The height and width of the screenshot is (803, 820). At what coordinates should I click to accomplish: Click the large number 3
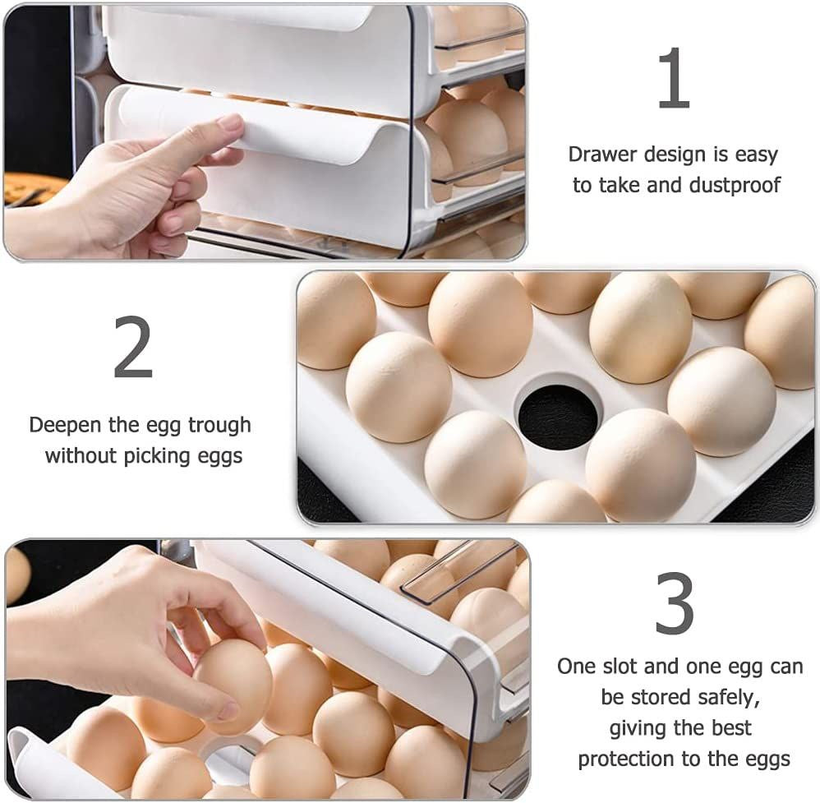[x=674, y=604]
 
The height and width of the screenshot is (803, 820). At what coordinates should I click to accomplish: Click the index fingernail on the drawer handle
[x=229, y=124]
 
